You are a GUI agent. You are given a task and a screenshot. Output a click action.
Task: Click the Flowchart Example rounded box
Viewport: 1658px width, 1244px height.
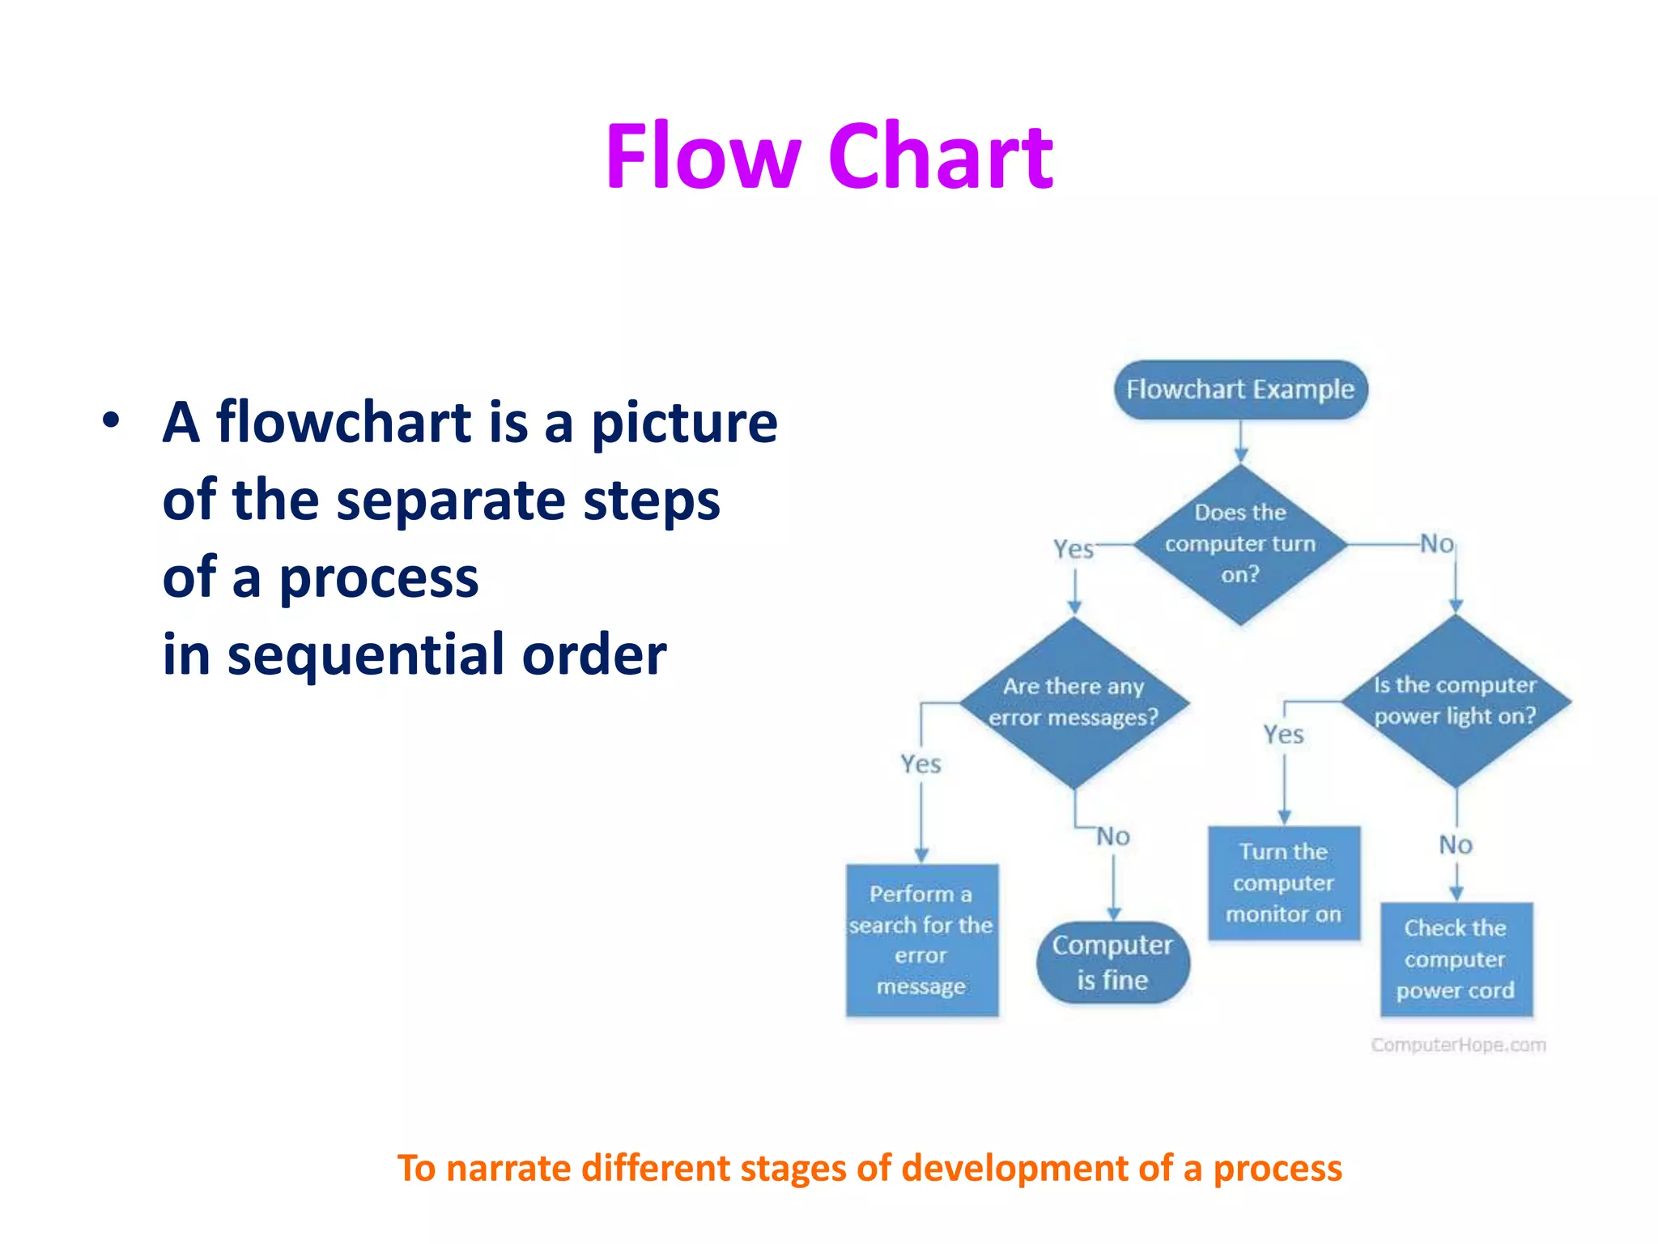pyautogui.click(x=1240, y=390)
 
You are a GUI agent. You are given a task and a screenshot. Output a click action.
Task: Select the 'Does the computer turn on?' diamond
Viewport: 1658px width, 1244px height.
pyautogui.click(x=1240, y=544)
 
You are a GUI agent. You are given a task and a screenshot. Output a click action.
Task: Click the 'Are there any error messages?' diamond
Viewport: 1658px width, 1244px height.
pyautogui.click(x=1074, y=702)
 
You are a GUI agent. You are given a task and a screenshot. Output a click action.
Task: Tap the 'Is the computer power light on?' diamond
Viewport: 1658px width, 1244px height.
pyautogui.click(x=1456, y=701)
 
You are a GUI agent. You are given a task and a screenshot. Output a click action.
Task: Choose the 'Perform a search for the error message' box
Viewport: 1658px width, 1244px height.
pyautogui.click(x=921, y=940)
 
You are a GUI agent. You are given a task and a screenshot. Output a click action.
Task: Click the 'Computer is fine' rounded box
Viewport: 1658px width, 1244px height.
pyautogui.click(x=1113, y=962)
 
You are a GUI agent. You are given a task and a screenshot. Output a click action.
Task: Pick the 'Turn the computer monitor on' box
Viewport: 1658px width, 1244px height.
pyautogui.click(x=1284, y=883)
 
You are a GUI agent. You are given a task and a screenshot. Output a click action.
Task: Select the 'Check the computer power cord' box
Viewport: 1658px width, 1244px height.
pyautogui.click(x=1456, y=959)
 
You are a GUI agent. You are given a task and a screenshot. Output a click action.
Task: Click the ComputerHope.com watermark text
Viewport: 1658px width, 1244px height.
pyautogui.click(x=1458, y=1045)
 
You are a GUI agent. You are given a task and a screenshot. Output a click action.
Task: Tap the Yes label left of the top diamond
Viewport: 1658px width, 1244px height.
pyautogui.click(x=1073, y=549)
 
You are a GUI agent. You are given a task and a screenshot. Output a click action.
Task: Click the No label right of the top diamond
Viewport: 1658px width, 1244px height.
pyautogui.click(x=1437, y=544)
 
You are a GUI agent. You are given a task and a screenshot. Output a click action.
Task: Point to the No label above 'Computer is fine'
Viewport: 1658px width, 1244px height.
pyautogui.click(x=1113, y=837)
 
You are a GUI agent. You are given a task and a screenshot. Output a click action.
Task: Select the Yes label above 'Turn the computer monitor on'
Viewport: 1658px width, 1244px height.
pyautogui.click(x=1284, y=735)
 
